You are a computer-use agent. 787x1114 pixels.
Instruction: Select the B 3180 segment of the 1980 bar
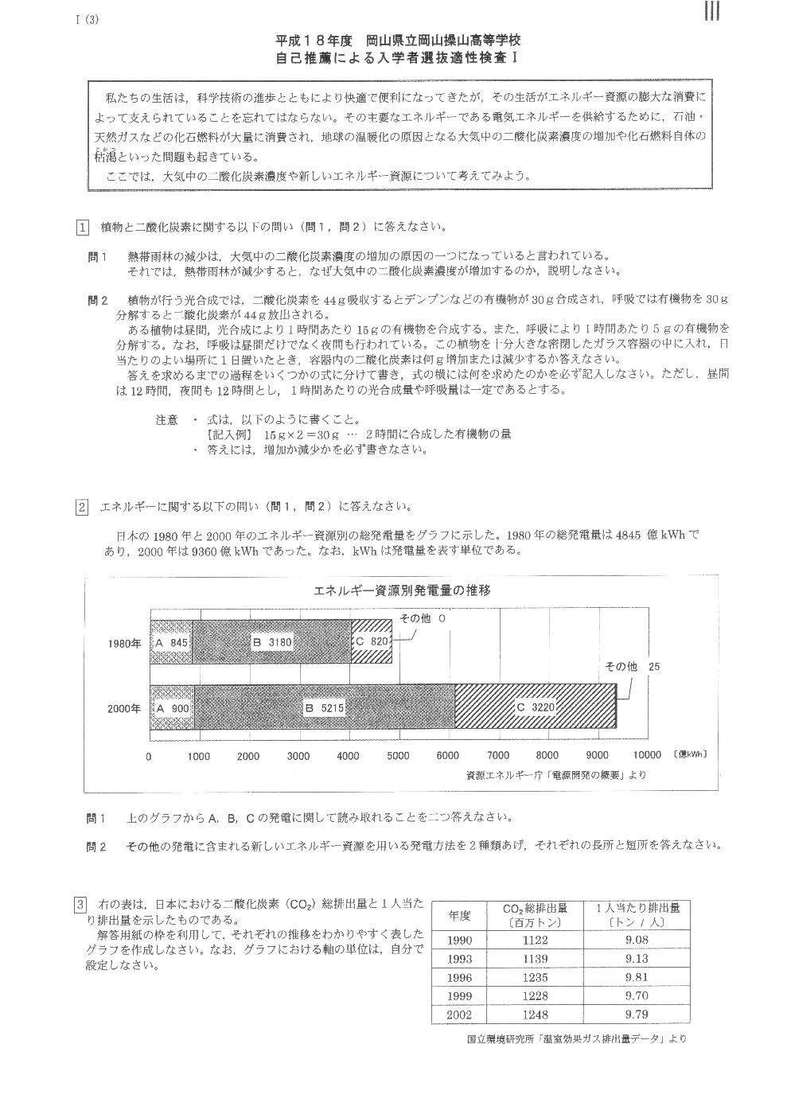click(x=271, y=641)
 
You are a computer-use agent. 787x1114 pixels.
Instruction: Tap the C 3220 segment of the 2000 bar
click(x=535, y=707)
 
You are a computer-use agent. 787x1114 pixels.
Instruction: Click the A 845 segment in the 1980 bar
click(x=171, y=641)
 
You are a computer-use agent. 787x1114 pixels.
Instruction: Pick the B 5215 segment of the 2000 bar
click(x=325, y=707)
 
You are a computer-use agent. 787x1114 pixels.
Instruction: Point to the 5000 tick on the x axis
click(x=398, y=756)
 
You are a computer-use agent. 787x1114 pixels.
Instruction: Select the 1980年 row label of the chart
click(x=125, y=642)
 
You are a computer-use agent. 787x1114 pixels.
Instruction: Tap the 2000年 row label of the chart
click(x=125, y=707)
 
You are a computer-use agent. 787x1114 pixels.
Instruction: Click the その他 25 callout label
click(x=633, y=667)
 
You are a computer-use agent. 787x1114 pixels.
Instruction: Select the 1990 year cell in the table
click(x=459, y=940)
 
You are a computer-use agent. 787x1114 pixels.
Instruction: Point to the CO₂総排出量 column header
click(x=534, y=915)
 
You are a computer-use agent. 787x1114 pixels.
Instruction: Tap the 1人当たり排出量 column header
click(x=637, y=915)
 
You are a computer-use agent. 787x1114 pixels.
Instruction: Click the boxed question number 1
click(x=82, y=227)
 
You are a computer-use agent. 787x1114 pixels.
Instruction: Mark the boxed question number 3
click(x=80, y=905)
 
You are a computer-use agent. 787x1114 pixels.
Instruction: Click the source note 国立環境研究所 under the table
click(x=576, y=1038)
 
